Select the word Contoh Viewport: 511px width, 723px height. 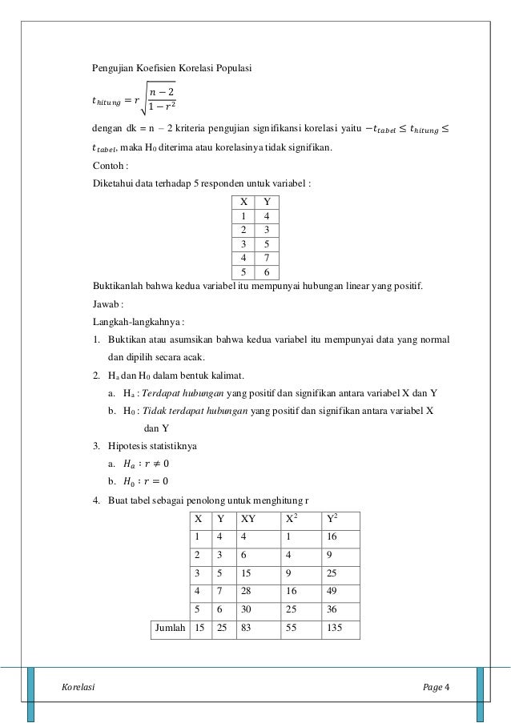point(107,166)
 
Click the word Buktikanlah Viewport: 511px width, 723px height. point(119,286)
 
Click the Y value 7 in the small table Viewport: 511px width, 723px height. point(266,258)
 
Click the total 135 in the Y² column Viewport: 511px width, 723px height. point(334,629)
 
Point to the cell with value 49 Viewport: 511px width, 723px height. point(331,590)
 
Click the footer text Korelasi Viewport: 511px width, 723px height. point(78,688)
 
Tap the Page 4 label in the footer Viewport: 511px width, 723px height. point(436,688)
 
